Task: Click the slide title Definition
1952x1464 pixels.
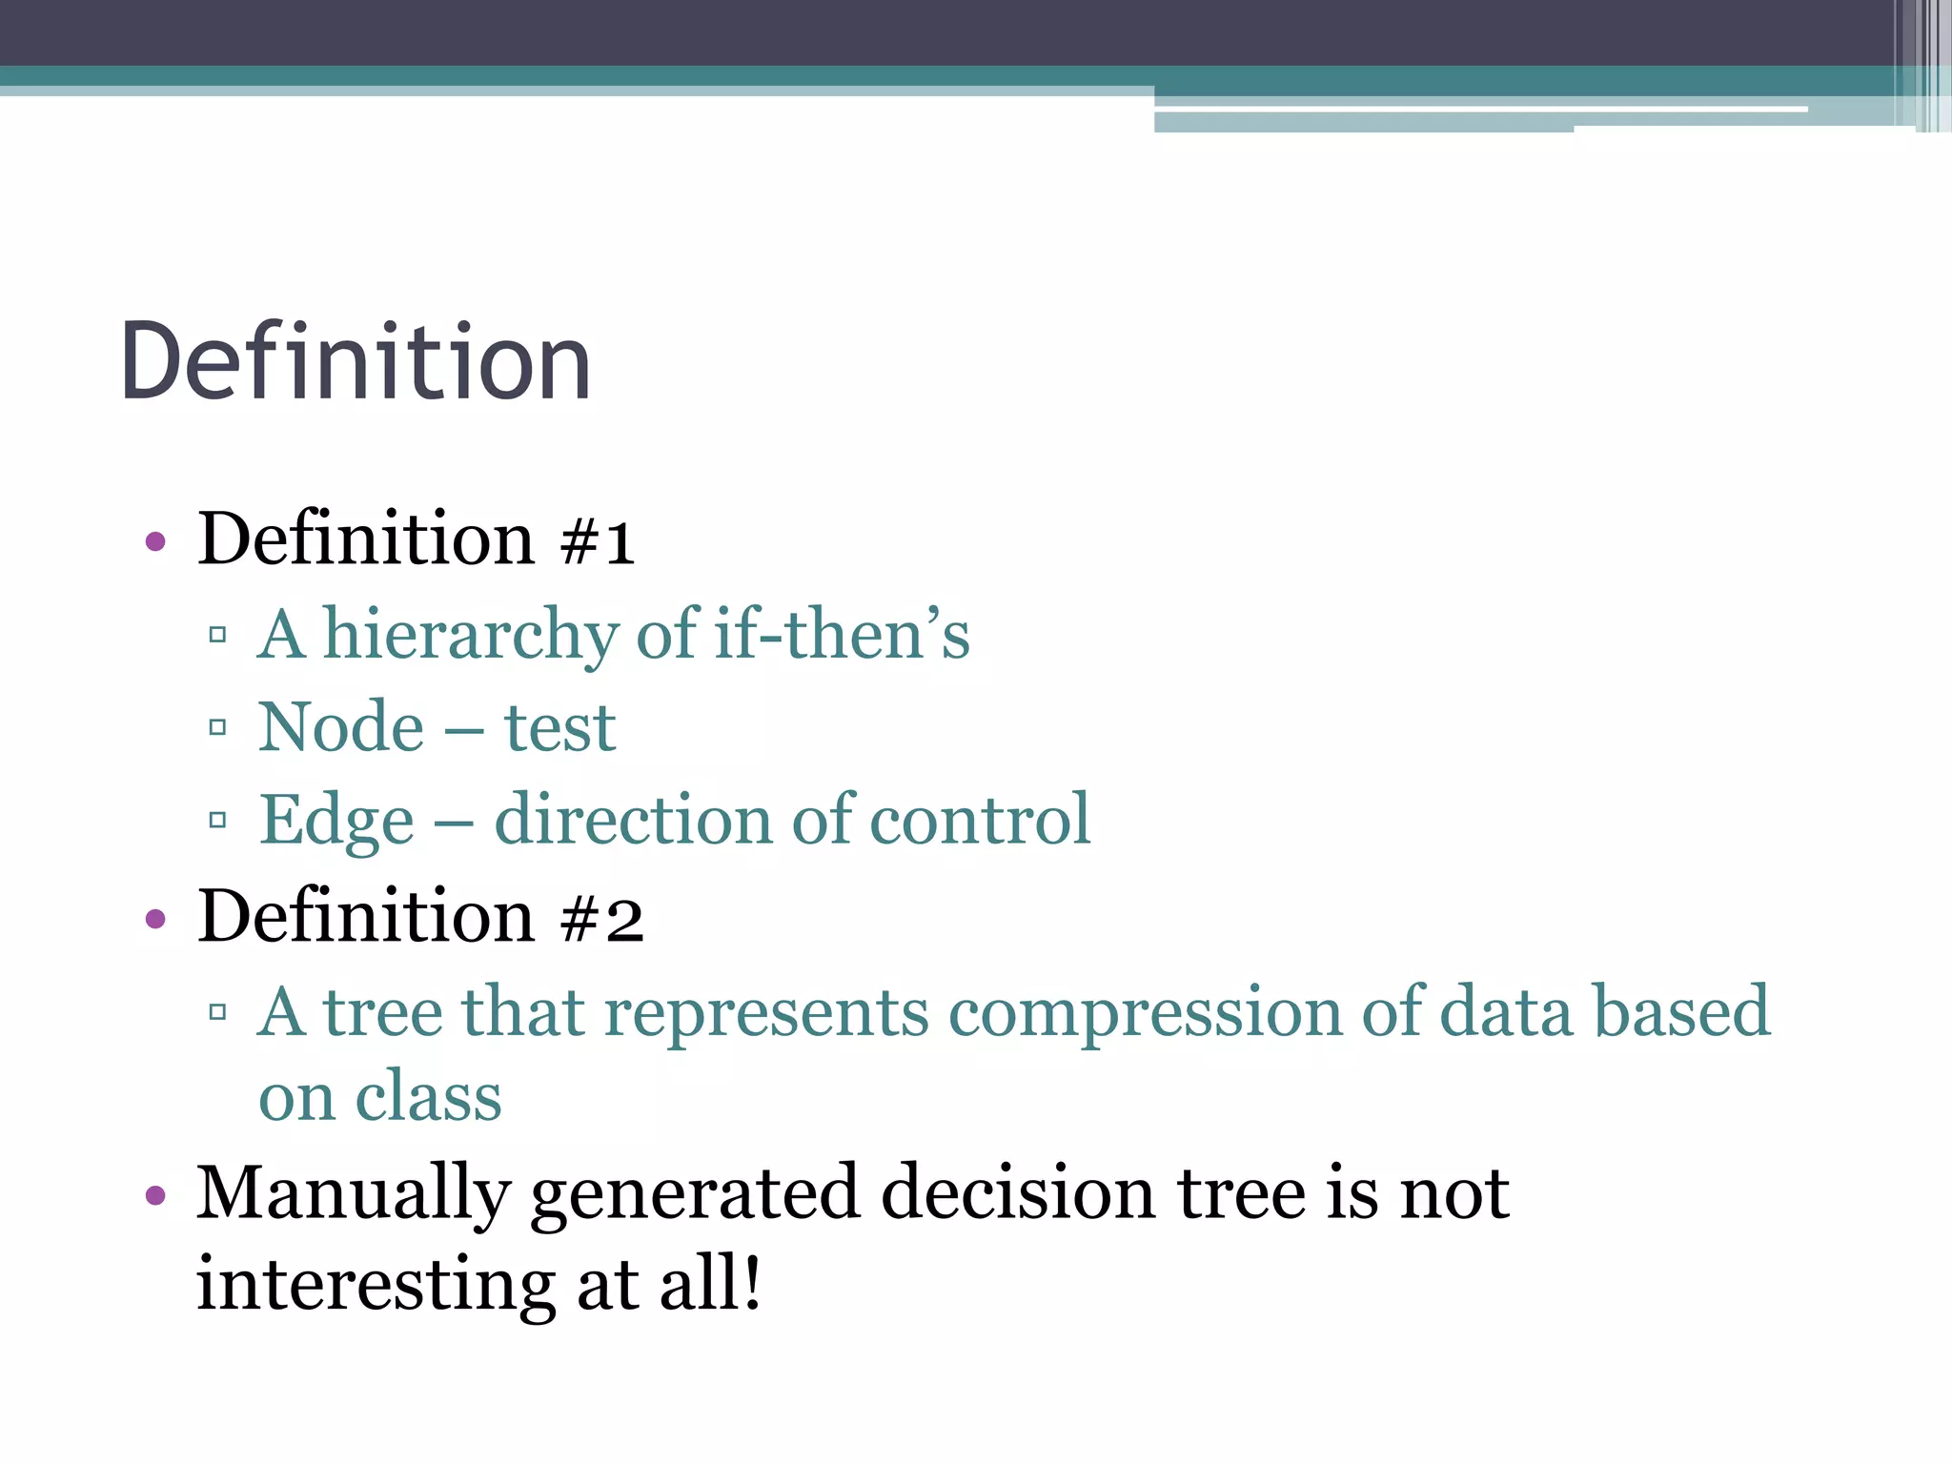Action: click(356, 362)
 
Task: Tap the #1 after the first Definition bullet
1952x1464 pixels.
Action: click(598, 541)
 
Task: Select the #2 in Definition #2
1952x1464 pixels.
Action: click(602, 919)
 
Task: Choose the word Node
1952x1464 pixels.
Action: click(341, 727)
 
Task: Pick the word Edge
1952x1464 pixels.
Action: click(336, 822)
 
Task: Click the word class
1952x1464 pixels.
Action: click(428, 1098)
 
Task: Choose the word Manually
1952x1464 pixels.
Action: click(354, 1195)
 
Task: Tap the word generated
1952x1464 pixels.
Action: click(695, 1195)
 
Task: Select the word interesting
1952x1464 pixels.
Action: click(376, 1285)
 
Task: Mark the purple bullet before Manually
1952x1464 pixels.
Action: click(155, 1195)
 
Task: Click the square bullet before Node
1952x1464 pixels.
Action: click(217, 728)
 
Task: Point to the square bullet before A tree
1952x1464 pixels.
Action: click(217, 1012)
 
